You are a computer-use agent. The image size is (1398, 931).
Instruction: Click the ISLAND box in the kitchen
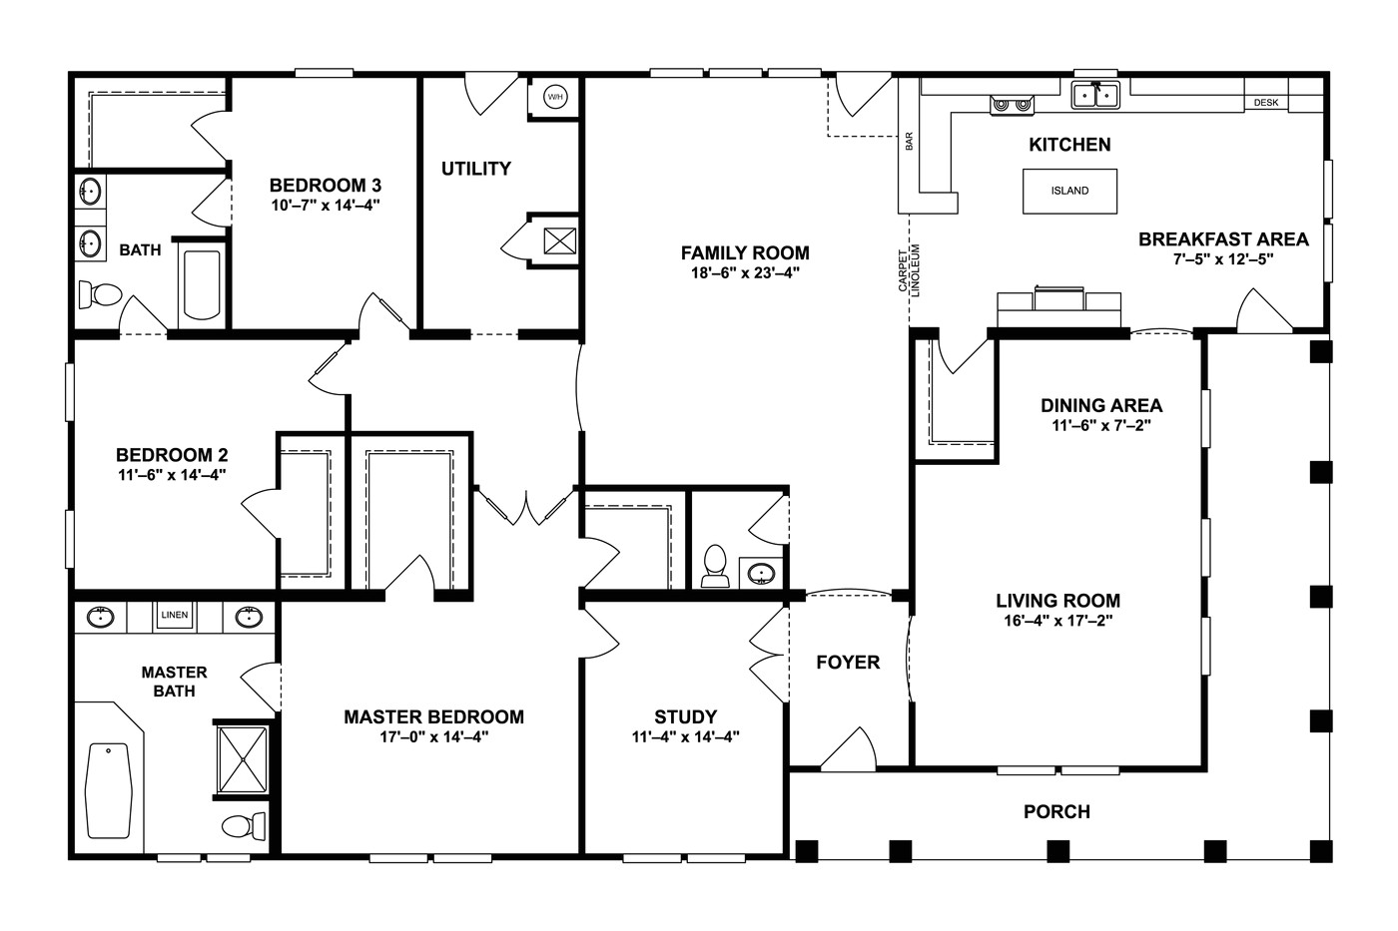point(1069,191)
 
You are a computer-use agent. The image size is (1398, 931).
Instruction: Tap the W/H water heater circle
point(555,97)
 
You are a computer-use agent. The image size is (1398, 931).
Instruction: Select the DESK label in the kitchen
point(1266,103)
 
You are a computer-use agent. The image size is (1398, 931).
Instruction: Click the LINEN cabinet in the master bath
point(174,616)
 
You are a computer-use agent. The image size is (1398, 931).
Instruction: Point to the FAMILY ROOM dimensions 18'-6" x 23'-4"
point(745,272)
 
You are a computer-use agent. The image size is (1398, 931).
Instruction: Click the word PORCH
point(1056,812)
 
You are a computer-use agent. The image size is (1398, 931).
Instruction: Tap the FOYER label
point(848,663)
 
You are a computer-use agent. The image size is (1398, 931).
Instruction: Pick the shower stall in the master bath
point(243,758)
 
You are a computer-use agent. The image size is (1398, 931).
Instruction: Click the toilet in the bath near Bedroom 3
point(99,294)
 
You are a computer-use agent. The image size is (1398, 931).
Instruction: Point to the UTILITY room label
point(476,169)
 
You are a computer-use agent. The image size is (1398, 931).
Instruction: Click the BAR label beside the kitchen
point(909,142)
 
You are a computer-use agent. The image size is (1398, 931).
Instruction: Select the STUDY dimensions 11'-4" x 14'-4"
point(685,738)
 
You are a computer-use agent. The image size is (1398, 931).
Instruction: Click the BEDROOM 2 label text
point(172,455)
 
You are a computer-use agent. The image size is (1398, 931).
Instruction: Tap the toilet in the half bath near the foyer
point(714,566)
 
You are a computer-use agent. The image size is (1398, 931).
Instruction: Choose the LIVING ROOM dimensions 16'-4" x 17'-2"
point(1057,621)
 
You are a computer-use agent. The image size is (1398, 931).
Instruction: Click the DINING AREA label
point(1101,405)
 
